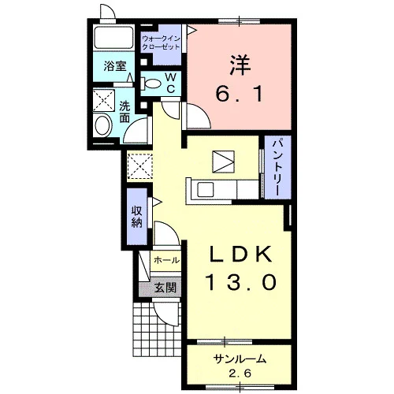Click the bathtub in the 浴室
click(x=113, y=37)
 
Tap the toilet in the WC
click(x=151, y=84)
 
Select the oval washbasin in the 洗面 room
click(x=102, y=125)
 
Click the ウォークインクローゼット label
click(x=161, y=43)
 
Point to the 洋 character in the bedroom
click(x=240, y=65)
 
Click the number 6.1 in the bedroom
click(x=239, y=94)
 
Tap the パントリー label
click(x=278, y=167)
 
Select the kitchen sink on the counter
click(x=206, y=189)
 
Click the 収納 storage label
click(x=137, y=217)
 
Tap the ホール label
click(x=167, y=261)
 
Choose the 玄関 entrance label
click(x=165, y=288)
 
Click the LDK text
click(x=240, y=254)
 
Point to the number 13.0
click(x=242, y=282)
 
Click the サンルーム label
click(x=240, y=359)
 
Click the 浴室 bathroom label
click(x=115, y=66)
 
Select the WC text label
click(x=171, y=83)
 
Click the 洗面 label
click(x=125, y=112)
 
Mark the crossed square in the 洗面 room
click(x=104, y=100)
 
